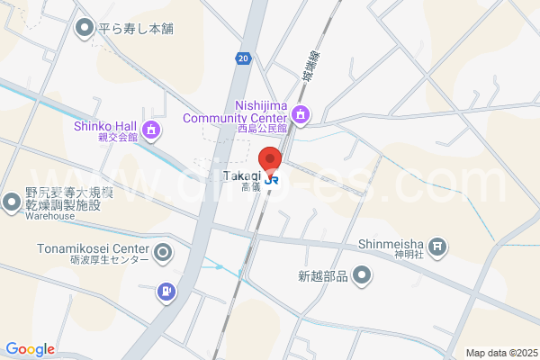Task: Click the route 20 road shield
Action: click(244, 58)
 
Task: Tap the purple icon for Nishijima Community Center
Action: click(301, 113)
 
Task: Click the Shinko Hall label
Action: click(104, 125)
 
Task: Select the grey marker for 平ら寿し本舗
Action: click(85, 29)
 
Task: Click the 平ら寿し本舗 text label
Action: click(136, 28)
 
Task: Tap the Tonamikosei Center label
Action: click(93, 248)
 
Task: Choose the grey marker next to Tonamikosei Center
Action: click(163, 252)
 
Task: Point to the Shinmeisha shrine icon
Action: click(436, 245)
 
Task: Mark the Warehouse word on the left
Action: click(49, 217)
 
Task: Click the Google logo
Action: click(30, 349)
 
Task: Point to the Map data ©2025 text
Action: click(500, 353)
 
